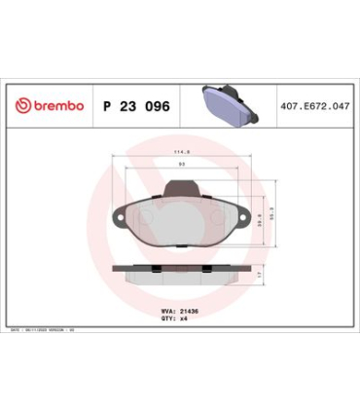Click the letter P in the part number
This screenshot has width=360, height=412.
(x=105, y=104)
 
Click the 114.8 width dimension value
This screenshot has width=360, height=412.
(x=181, y=152)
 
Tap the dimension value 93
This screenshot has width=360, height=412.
(x=181, y=165)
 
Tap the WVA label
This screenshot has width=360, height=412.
(x=168, y=312)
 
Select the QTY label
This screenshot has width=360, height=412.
(x=168, y=320)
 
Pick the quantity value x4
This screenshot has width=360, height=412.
(x=185, y=320)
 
